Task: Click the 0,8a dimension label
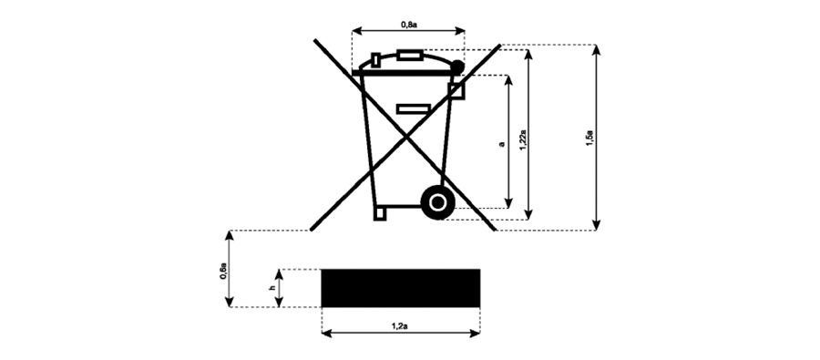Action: pos(409,24)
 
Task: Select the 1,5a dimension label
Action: pos(589,139)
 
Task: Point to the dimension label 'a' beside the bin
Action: pos(501,143)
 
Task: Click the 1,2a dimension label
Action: pos(400,326)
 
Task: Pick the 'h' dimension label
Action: pos(271,287)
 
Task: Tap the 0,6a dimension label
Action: pos(223,273)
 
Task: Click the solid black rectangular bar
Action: pos(401,288)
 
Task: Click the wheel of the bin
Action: pos(437,202)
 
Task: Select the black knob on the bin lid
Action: pos(457,67)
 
